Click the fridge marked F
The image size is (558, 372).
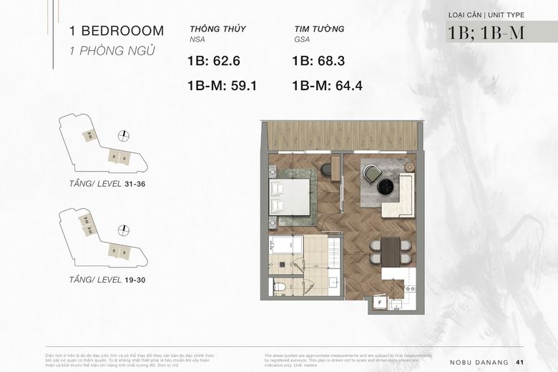tap(379, 303)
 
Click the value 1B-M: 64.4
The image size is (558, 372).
tap(328, 86)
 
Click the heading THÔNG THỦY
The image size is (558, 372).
tap(218, 29)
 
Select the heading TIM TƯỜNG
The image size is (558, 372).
tap(319, 29)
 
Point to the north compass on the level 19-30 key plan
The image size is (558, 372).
tap(124, 230)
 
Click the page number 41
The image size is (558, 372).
tap(530, 361)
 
